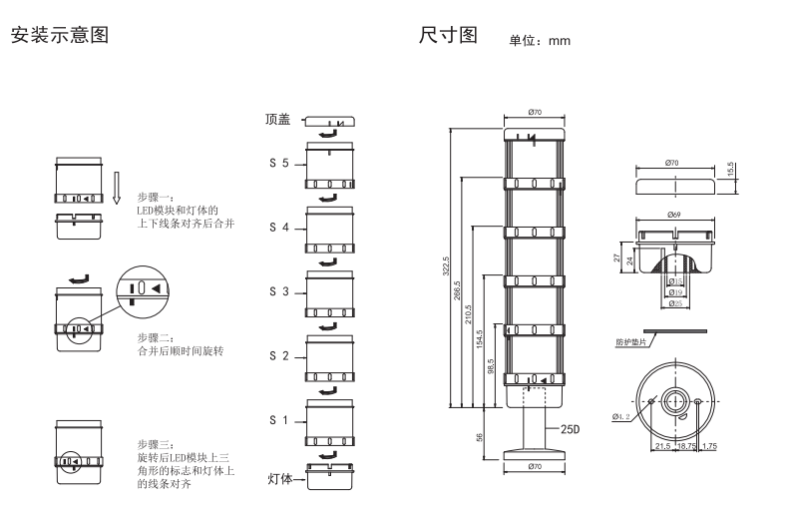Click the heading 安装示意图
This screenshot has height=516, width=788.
[x=57, y=36]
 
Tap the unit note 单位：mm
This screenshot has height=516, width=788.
[x=539, y=41]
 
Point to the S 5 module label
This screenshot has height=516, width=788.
[x=278, y=162]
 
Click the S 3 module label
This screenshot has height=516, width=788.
[x=278, y=292]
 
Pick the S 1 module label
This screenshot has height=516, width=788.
[x=278, y=421]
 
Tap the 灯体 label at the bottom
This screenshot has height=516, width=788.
[x=280, y=479]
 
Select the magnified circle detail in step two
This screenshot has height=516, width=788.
[x=141, y=288]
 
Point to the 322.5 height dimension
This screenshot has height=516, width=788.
[x=448, y=267]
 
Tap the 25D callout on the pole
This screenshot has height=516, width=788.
[x=570, y=429]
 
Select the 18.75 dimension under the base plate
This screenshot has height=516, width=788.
[x=688, y=446]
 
